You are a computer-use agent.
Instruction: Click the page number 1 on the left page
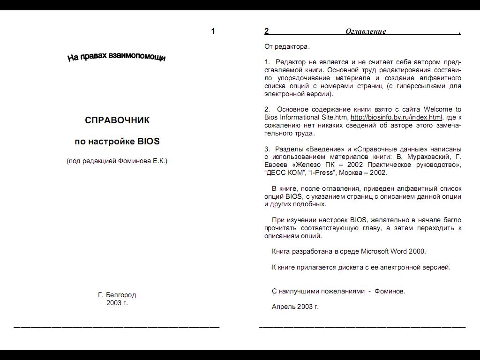tap(213, 31)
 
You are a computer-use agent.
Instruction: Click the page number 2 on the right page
tap(267, 31)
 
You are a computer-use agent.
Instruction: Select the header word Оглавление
tap(366, 31)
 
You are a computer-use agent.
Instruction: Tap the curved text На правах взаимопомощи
tap(116, 57)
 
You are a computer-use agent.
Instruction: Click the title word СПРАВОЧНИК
tap(117, 120)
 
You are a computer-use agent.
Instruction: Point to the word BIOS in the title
tap(149, 141)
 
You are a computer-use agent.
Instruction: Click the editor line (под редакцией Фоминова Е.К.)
tap(117, 161)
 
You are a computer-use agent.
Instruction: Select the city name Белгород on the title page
tap(121, 295)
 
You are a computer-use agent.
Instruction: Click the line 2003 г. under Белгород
tap(117, 303)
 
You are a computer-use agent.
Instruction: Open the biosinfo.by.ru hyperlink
tap(396, 117)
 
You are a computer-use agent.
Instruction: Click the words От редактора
tap(287, 46)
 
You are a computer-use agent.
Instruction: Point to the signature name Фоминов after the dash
tap(390, 291)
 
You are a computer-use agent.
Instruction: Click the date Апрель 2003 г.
tap(295, 307)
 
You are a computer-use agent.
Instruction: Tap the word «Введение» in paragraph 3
tap(325, 149)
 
